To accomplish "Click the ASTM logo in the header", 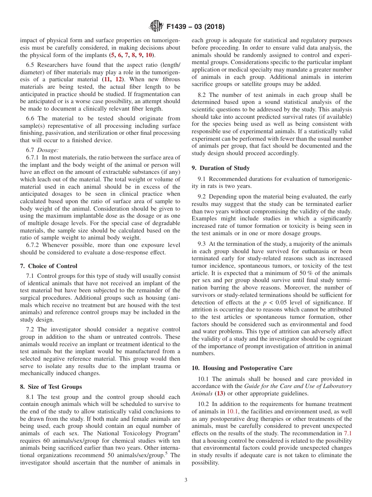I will [156, 27].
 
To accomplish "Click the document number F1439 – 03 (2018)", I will [195, 27].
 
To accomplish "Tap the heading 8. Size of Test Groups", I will [51, 387].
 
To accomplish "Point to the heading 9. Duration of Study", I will [220, 168].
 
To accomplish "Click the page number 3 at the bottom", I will [186, 480].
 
